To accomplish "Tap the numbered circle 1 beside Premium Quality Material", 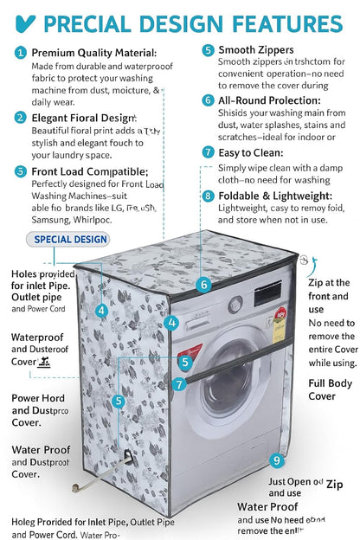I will coord(19,53).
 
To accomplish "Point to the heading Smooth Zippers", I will coord(255,50).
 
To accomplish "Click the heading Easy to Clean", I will coord(252,151).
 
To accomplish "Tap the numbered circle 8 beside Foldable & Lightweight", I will coord(208,196).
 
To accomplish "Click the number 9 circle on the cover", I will coord(276,460).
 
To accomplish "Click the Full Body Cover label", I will coord(322,389).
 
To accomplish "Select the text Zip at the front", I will coord(329,289).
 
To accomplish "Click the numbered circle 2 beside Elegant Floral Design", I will coord(19,117).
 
